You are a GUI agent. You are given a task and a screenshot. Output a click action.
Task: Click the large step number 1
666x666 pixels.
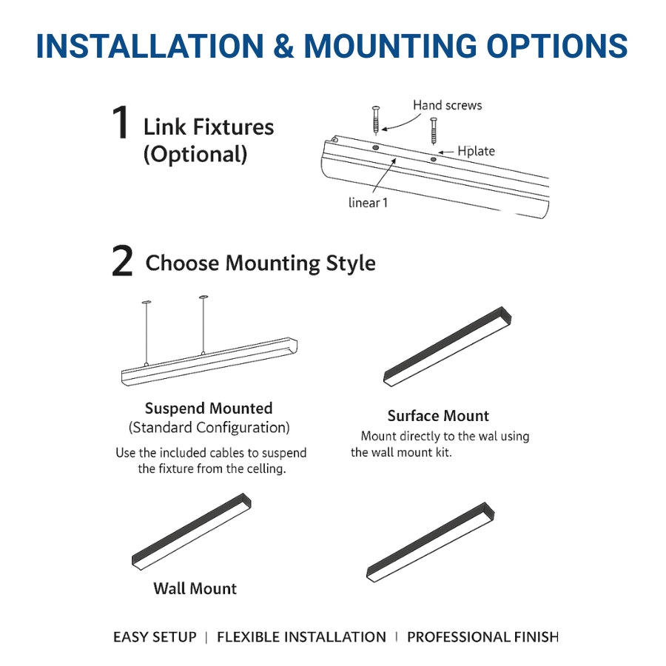121,124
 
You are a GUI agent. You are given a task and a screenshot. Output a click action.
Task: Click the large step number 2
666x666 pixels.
122,263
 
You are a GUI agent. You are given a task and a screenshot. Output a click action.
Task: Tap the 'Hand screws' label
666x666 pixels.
447,106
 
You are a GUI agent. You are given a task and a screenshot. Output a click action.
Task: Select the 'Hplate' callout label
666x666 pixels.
476,151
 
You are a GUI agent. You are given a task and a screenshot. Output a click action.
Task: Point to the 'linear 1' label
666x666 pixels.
368,202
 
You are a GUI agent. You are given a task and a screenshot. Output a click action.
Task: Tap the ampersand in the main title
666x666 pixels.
283,46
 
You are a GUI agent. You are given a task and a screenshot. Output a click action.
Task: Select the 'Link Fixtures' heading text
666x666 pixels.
209,127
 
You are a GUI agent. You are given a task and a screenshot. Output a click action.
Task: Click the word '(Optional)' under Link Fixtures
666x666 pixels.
195,155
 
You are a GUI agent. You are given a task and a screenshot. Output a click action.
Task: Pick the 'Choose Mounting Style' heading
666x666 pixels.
260,263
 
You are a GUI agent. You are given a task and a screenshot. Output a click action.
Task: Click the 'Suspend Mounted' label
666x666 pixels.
209,408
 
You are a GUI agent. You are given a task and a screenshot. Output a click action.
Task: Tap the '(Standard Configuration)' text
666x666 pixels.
209,428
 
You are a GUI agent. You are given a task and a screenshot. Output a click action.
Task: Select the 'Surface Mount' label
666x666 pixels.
438,416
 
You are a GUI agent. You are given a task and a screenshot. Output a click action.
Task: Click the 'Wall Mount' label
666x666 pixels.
195,589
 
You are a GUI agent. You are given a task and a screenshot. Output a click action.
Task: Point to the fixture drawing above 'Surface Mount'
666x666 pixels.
448,346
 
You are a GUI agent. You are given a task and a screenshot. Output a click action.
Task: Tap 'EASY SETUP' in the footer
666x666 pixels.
155,637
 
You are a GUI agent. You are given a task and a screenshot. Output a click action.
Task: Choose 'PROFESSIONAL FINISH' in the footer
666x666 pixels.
482,637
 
